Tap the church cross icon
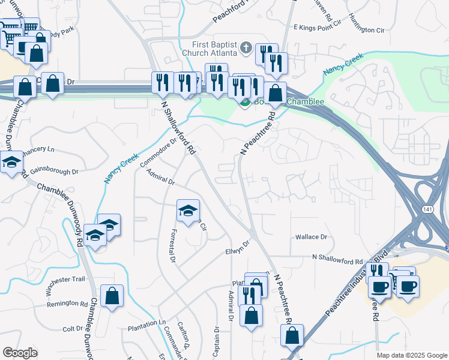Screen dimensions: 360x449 [x=246, y=47]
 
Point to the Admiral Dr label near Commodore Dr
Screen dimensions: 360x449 [x=160, y=178]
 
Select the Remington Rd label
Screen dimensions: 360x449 [x=67, y=304]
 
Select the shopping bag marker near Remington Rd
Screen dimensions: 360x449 [x=112, y=296]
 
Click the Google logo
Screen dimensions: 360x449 [x=20, y=353]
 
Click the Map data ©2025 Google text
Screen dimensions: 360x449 [x=411, y=355]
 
